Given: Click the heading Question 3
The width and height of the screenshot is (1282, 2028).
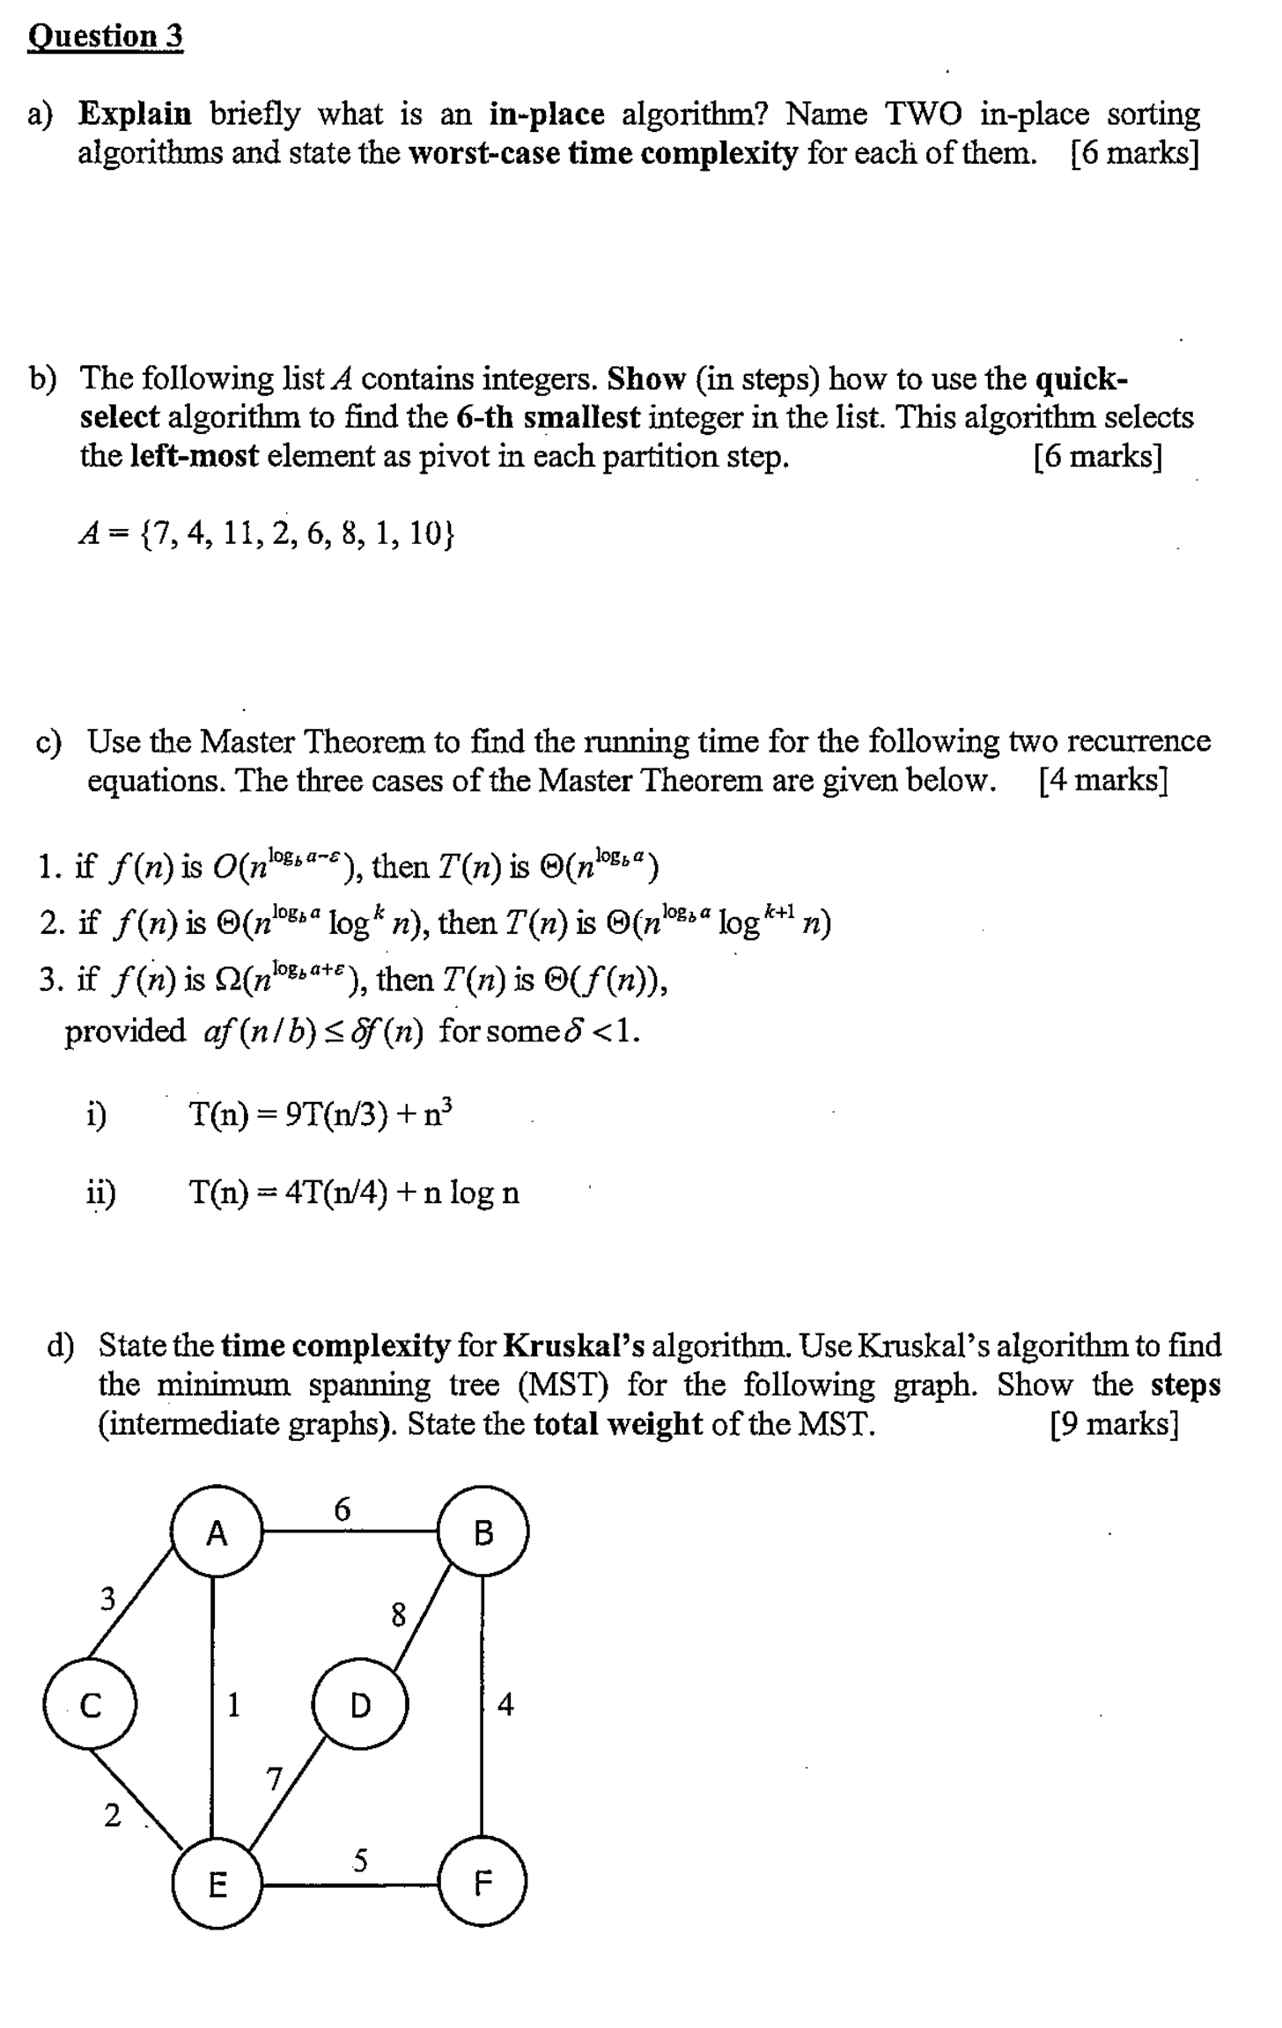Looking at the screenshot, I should point(106,36).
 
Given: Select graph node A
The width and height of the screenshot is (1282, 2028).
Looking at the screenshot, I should point(217,1534).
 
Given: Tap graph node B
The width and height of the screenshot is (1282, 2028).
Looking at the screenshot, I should point(483,1534).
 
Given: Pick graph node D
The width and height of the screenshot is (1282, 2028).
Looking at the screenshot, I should point(359,1706).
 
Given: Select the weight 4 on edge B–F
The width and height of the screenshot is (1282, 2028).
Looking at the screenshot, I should point(505,1705).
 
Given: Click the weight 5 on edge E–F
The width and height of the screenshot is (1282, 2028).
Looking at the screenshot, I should point(360,1861).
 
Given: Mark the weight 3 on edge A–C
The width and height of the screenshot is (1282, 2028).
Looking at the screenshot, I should point(107,1598).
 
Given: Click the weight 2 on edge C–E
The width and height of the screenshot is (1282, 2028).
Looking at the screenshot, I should point(112,1815).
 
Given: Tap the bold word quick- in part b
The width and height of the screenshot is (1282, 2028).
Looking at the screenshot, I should point(1082,379).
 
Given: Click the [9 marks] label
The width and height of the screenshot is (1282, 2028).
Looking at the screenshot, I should point(1114,1423).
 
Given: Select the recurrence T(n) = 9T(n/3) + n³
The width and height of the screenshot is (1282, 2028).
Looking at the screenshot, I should point(321,1115).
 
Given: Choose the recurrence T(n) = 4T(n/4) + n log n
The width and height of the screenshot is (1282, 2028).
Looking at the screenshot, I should point(354,1193).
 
